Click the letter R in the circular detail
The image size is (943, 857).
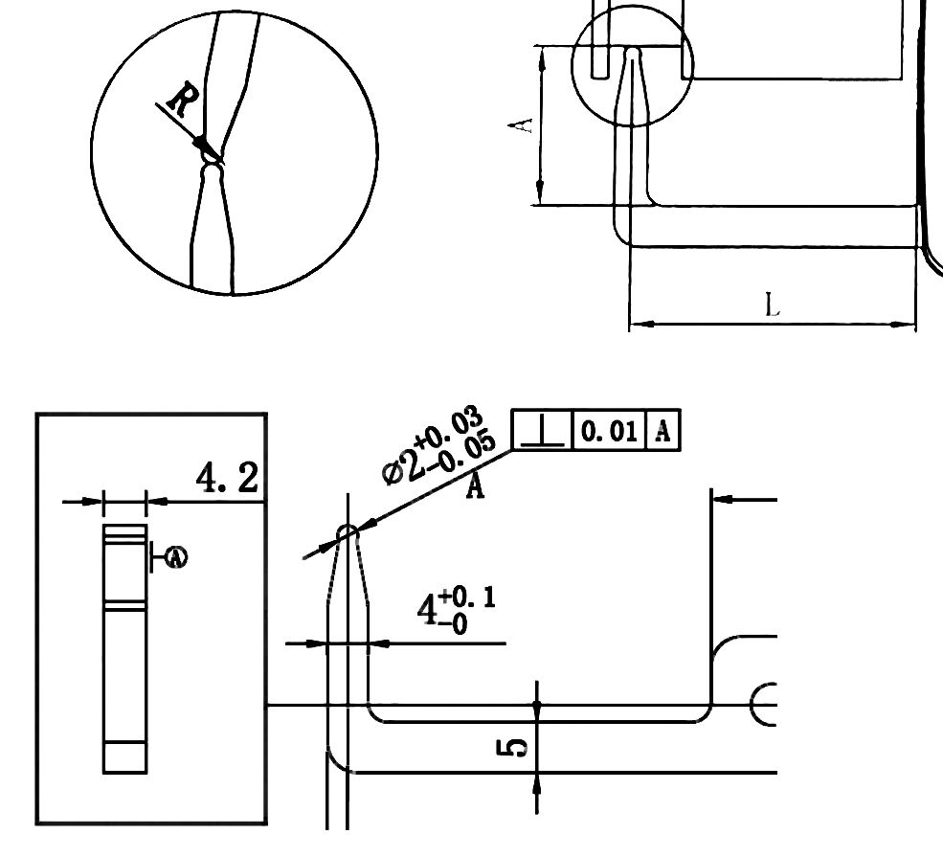[182, 99]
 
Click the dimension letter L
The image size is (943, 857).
[773, 305]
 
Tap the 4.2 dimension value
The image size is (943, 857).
[227, 477]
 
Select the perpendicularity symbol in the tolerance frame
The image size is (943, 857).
[542, 432]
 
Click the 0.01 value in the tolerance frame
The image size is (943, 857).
[609, 432]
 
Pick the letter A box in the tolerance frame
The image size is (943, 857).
[662, 432]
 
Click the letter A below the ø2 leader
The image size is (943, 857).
[475, 487]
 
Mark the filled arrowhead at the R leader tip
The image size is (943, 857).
[203, 145]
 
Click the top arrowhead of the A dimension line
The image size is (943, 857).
[542, 56]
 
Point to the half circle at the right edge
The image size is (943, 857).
[763, 705]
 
